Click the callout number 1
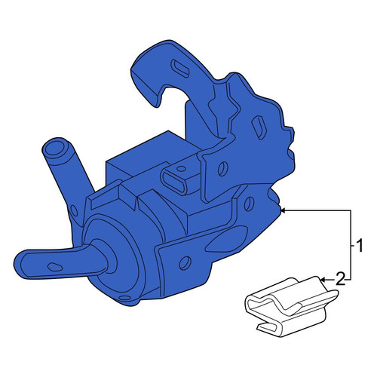tap(360, 246)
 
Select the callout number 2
tap(341, 279)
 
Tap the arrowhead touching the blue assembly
tap(283, 211)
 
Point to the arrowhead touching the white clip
tap(323, 279)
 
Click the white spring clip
tap(292, 307)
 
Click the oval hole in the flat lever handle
tap(55, 267)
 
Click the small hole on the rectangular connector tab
tap(180, 169)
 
